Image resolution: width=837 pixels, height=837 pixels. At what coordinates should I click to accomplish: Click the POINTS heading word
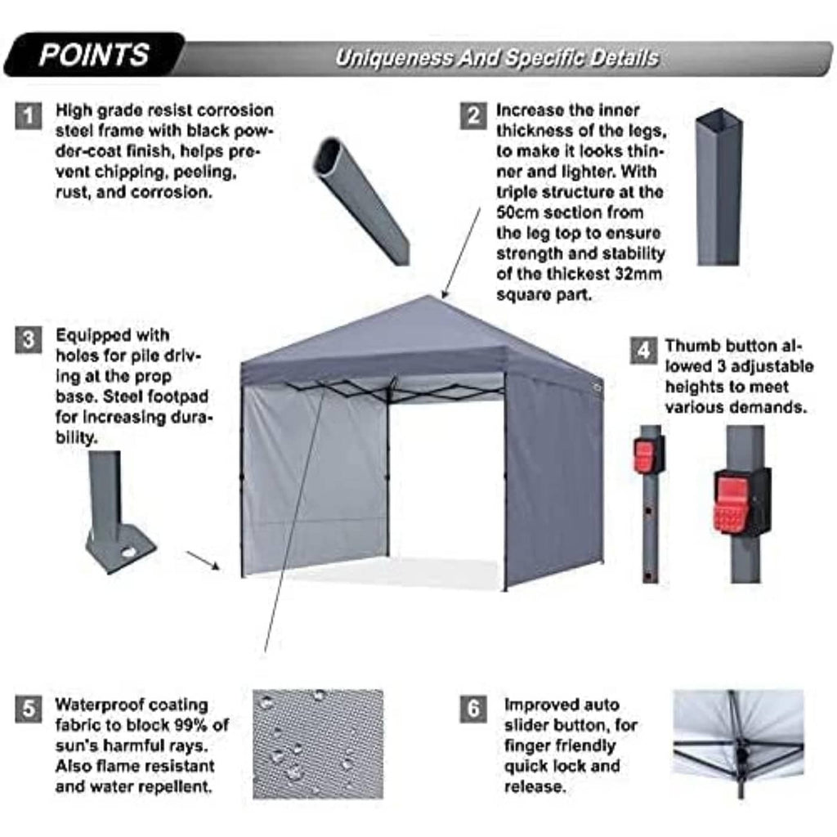pos(94,55)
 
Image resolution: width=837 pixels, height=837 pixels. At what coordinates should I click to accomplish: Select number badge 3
pos(28,339)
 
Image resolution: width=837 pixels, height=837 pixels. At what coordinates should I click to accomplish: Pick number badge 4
pos(643,351)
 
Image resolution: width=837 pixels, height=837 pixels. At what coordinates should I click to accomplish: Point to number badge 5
pos(28,709)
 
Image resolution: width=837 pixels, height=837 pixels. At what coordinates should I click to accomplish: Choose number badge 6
pos(473,709)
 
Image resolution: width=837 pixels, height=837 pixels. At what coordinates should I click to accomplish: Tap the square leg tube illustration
pos(718,188)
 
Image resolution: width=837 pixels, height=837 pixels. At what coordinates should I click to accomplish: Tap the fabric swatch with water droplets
pos(317,744)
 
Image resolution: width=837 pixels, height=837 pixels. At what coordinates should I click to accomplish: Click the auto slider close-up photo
pos(737,744)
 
